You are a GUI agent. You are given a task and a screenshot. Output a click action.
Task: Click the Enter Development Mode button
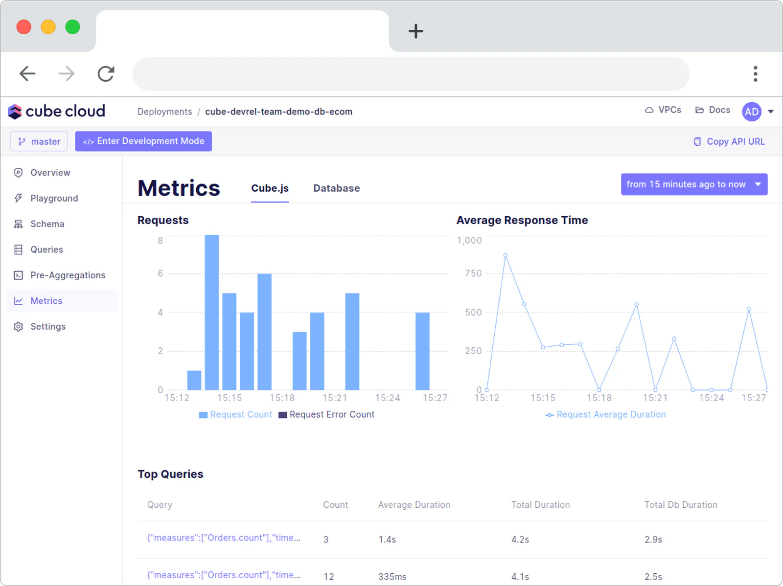143,141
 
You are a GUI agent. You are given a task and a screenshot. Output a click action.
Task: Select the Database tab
336,188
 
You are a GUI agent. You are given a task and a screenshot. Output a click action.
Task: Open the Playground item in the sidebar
54,198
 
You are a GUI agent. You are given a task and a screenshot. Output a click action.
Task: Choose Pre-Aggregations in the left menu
68,275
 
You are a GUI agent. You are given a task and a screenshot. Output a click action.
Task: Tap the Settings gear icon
18,326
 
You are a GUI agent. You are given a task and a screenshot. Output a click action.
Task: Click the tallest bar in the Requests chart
211,312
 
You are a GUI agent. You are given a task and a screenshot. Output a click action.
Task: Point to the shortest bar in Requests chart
194,381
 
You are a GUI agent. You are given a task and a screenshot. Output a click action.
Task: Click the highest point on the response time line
506,255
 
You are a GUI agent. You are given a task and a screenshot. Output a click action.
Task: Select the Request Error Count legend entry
326,414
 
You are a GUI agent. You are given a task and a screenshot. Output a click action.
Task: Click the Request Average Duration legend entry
606,414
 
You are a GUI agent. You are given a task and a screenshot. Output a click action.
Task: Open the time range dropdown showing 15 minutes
694,184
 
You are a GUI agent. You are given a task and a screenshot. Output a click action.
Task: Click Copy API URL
729,141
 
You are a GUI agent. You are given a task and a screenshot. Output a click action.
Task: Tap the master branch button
39,141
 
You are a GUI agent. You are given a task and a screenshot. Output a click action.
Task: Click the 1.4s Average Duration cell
387,540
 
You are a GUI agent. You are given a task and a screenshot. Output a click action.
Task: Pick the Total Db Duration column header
681,505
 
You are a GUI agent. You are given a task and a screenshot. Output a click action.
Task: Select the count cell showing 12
328,577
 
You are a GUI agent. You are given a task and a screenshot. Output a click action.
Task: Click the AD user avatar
752,112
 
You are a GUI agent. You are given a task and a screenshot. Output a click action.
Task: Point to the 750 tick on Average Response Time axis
473,273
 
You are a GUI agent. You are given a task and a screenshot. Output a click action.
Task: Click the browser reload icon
106,74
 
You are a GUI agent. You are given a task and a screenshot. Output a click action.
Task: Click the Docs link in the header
713,110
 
